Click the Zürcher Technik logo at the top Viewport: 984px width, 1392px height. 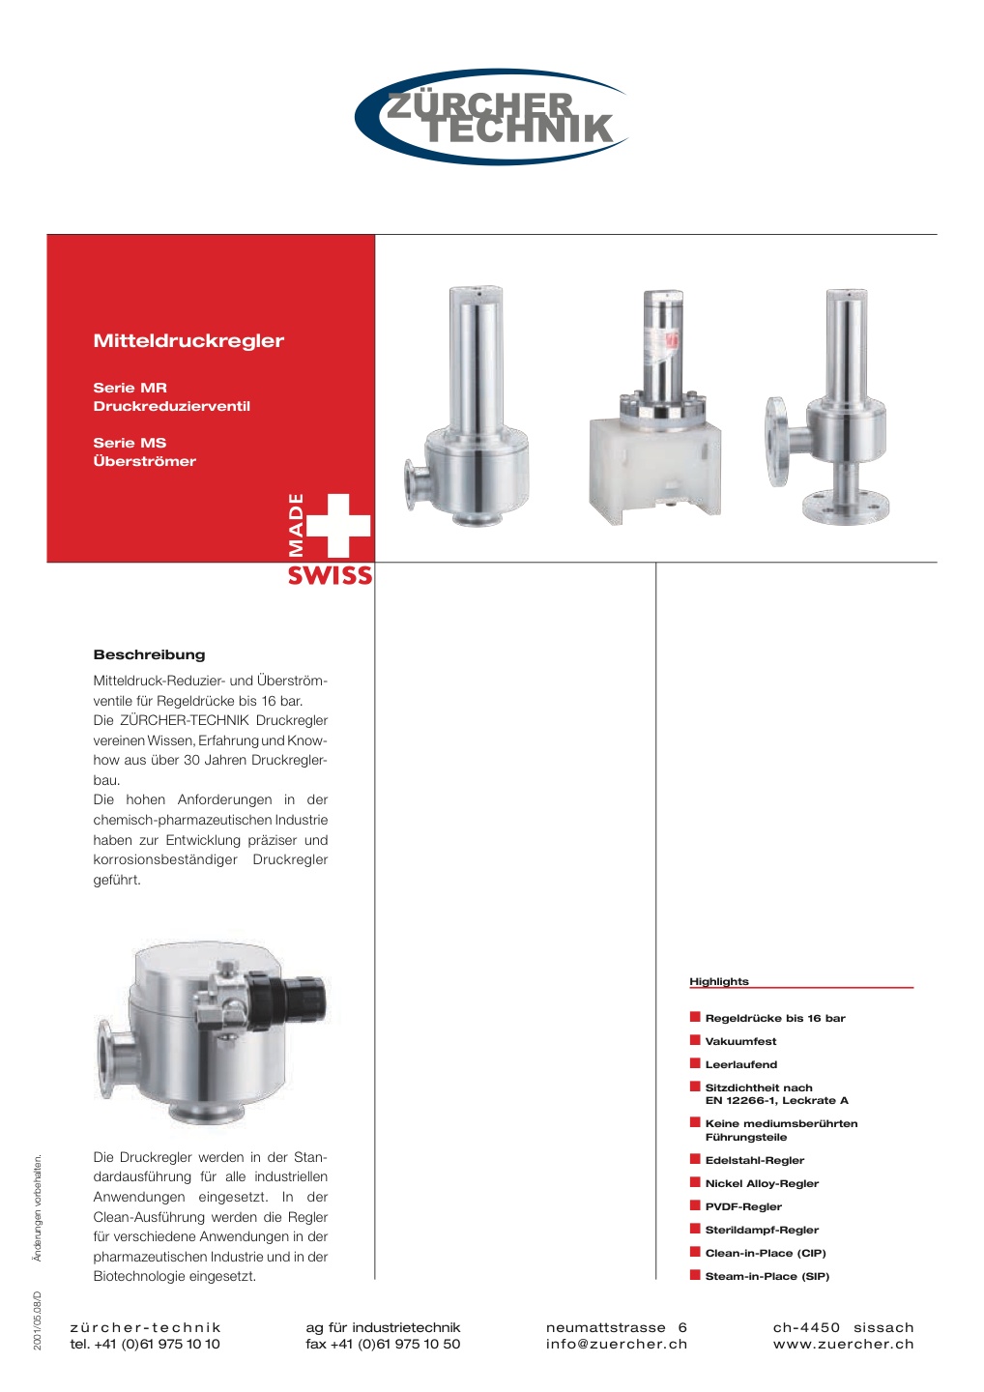pyautogui.click(x=492, y=117)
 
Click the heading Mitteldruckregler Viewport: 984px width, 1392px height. pyautogui.click(x=188, y=340)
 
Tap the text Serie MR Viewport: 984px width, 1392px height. pyautogui.click(x=130, y=388)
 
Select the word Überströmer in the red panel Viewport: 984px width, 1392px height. pyautogui.click(x=144, y=461)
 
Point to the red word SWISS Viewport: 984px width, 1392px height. pyautogui.click(x=330, y=575)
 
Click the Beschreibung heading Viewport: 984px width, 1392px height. pyautogui.click(x=149, y=654)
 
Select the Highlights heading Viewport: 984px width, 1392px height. pyautogui.click(x=718, y=981)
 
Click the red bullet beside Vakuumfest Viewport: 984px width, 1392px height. pyautogui.click(x=694, y=1040)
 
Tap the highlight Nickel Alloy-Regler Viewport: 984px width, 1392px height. pyautogui.click(x=762, y=1183)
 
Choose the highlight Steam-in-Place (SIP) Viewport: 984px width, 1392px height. pyautogui.click(x=767, y=1276)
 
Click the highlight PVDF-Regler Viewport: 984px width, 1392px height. pyautogui.click(x=742, y=1206)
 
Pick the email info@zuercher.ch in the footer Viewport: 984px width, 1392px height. pyautogui.click(x=616, y=1344)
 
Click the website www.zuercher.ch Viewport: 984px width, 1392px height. pyautogui.click(x=843, y=1344)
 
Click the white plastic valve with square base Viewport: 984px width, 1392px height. pyautogui.click(x=655, y=454)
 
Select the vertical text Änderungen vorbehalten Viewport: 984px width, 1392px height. pyautogui.click(x=38, y=1207)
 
